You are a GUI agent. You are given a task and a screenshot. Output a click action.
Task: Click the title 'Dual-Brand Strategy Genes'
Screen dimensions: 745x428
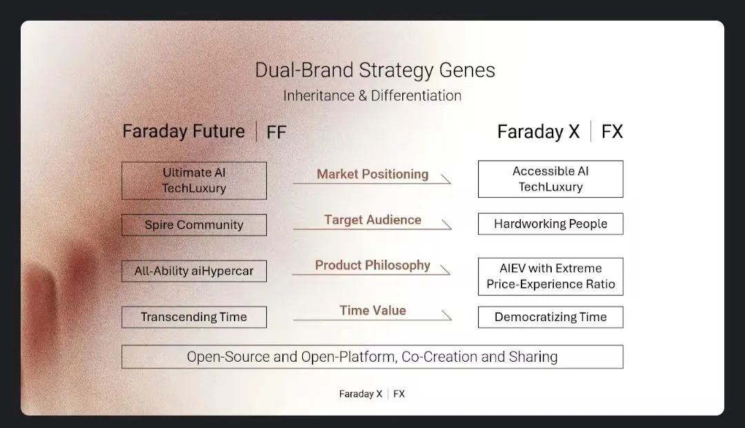375,70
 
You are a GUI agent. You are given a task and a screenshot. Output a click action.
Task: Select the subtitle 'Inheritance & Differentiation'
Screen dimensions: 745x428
372,95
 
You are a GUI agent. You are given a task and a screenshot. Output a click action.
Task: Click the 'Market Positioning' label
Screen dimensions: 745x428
372,174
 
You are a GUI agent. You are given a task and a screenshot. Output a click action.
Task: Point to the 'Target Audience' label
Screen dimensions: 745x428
372,220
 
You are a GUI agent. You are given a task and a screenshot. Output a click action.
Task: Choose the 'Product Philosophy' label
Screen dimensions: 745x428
372,265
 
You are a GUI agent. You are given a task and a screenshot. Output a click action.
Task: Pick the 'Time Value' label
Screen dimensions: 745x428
372,310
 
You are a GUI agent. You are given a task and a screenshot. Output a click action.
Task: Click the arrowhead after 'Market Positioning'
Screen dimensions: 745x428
446,179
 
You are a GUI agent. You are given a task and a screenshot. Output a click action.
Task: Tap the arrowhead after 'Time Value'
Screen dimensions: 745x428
446,316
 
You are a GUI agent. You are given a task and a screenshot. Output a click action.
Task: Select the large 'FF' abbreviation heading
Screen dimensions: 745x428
277,132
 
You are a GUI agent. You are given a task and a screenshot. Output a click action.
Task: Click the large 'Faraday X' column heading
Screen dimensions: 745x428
538,132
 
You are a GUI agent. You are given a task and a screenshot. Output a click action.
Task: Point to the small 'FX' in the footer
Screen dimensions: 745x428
399,394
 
